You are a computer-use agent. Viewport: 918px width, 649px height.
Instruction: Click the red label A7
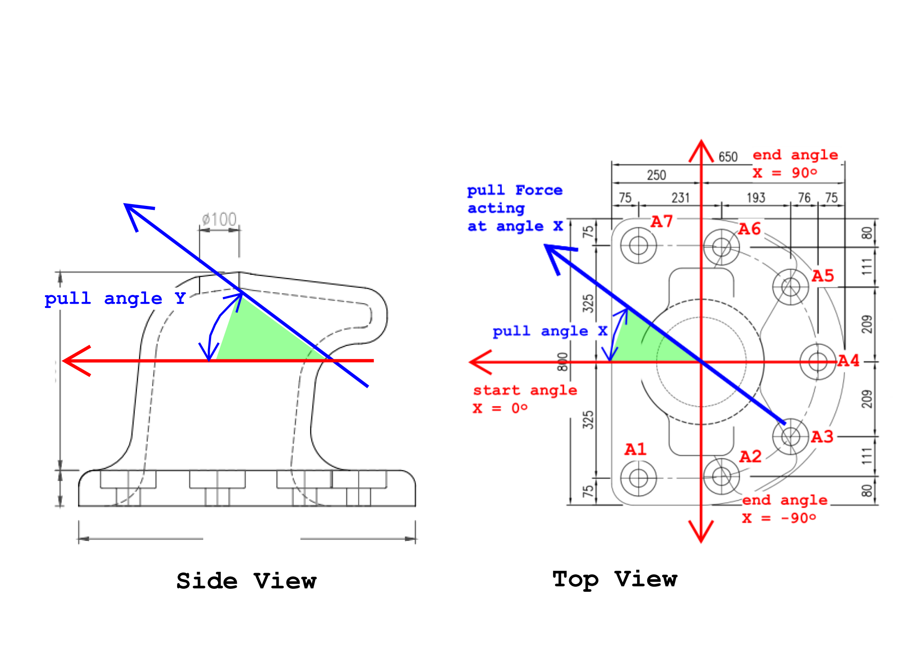[x=662, y=222]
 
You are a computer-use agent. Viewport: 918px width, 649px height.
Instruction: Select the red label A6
[x=749, y=229]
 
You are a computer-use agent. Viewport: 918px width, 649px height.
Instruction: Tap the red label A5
[x=822, y=276]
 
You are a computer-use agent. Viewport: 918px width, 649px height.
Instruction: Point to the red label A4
[x=848, y=361]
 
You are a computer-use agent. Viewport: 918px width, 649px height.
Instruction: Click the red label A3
[x=822, y=437]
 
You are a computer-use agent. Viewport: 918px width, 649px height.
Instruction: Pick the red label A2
[x=751, y=457]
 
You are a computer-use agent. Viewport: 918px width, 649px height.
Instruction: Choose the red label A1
[x=635, y=449]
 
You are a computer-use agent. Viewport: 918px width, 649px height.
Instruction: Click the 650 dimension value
[x=728, y=157]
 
